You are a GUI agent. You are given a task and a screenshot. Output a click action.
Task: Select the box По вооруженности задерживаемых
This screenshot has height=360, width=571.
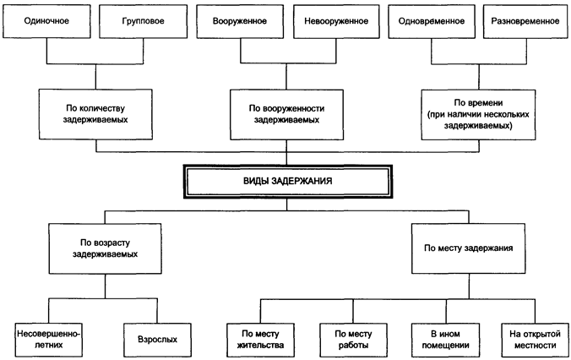[287, 114]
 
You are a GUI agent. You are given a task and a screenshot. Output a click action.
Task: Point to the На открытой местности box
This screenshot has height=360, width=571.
[530, 339]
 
